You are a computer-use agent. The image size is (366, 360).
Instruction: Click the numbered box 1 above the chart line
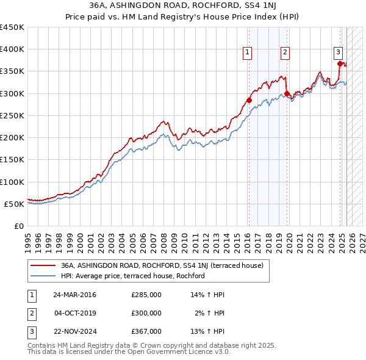(x=248, y=52)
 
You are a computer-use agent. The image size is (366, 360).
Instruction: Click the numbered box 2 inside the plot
(x=285, y=52)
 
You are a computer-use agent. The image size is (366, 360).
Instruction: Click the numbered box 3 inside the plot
(x=338, y=52)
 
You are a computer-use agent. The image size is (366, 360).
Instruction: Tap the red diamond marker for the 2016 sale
(x=249, y=100)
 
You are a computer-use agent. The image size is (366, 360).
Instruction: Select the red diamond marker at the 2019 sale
(x=287, y=93)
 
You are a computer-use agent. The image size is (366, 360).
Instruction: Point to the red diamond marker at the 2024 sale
(x=340, y=63)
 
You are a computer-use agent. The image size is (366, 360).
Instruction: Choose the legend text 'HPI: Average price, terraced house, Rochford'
(x=132, y=276)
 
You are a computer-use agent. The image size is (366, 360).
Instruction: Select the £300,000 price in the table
(x=146, y=313)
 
